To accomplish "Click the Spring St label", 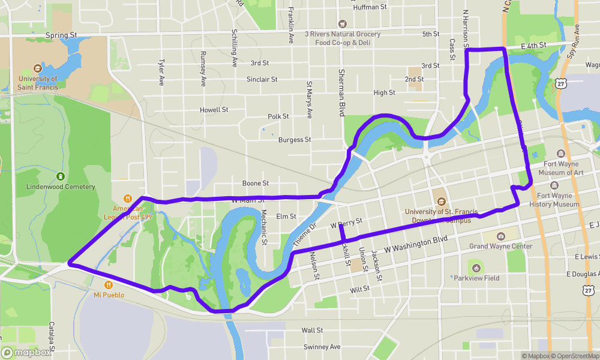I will coord(61,35).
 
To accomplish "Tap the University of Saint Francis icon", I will coord(38,68).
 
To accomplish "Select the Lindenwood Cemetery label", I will coord(61,187).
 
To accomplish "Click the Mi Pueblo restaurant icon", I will coord(109,285).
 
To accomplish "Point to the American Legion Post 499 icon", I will coord(127,199).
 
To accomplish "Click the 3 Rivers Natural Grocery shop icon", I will coord(342,24).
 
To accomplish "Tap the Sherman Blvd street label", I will coord(342,92).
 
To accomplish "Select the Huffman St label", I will coord(371,7).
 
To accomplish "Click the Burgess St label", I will coord(295,140).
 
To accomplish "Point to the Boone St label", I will coord(255,183).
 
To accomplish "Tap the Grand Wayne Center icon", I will coord(501,236).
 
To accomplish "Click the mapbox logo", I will coord(26,353).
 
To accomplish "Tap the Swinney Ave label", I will coord(322,347).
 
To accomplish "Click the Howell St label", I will coord(214,110).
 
